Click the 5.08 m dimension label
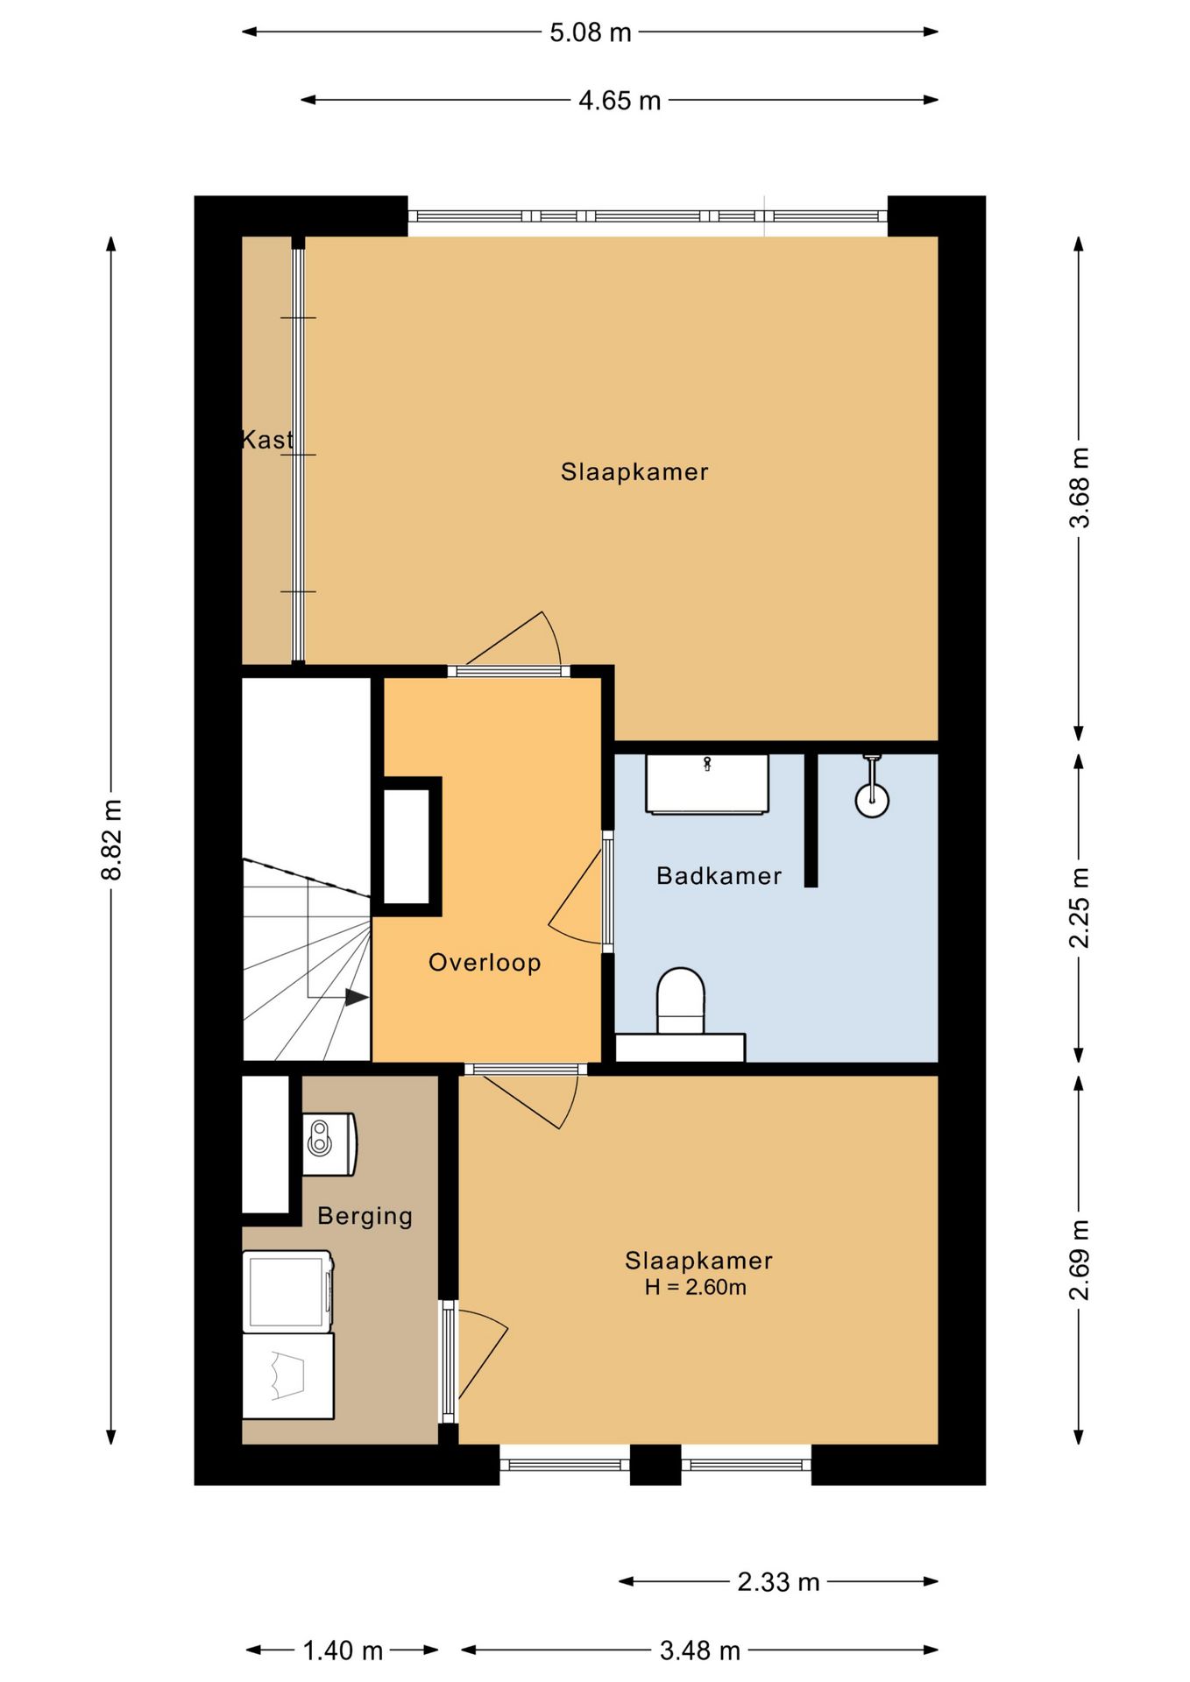click(x=591, y=32)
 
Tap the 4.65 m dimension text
click(x=620, y=101)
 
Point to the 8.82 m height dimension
click(x=112, y=839)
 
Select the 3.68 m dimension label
click(x=1079, y=487)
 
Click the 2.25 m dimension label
click(x=1079, y=908)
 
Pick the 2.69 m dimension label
click(x=1079, y=1260)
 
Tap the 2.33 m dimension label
click(x=778, y=1582)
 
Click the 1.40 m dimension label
click(x=343, y=1651)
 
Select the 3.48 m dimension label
click(x=700, y=1651)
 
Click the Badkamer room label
click(x=719, y=876)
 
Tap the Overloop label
click(x=485, y=963)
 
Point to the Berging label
click(x=365, y=1217)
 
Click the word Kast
click(x=267, y=440)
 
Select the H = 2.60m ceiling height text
click(x=696, y=1287)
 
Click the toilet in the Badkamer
click(x=681, y=1000)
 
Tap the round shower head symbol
click(x=872, y=800)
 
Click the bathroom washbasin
click(x=707, y=784)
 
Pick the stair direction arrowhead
click(x=357, y=997)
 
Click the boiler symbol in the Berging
click(x=329, y=1144)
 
